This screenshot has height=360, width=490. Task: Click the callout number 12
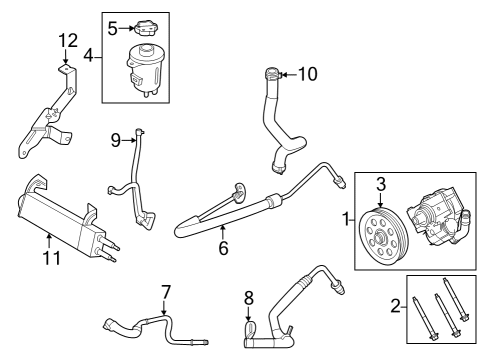(x=67, y=40)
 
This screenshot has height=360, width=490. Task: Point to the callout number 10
(x=307, y=73)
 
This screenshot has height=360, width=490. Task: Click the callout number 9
(x=115, y=141)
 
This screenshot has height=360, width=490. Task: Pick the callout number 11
(x=51, y=257)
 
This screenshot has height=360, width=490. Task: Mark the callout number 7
(x=166, y=292)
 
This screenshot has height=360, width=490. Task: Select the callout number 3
(x=380, y=183)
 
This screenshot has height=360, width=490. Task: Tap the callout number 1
(x=346, y=218)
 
